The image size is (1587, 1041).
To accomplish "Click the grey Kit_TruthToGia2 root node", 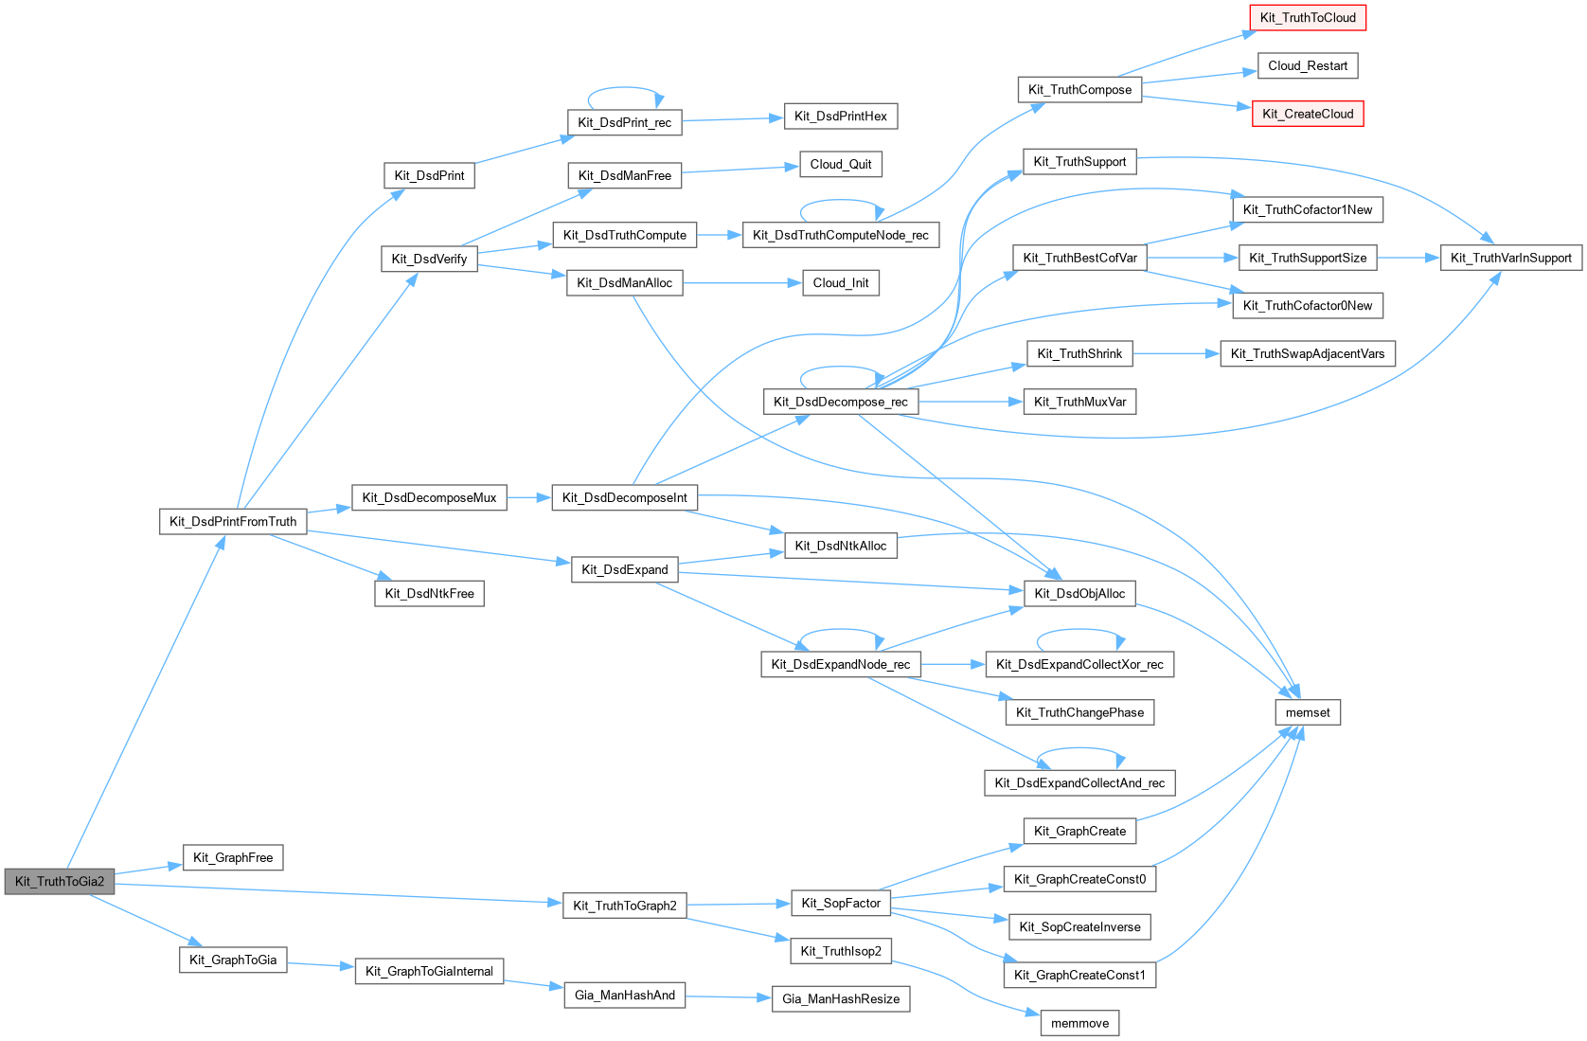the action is click(60, 882).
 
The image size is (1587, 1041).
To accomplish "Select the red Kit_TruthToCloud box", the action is click(1307, 18).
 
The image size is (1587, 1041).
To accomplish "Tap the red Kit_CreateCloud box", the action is click(1307, 114).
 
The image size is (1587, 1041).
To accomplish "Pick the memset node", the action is click(1307, 712).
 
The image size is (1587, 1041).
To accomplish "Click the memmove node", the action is click(1079, 1023).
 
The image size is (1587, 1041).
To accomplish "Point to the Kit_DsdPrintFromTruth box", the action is click(233, 522).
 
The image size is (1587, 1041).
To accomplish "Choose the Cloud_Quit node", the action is click(841, 165).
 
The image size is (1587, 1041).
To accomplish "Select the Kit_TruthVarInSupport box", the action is click(1510, 258).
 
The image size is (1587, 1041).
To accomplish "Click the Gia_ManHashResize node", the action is click(841, 999).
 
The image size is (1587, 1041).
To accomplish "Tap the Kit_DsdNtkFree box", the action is click(429, 594).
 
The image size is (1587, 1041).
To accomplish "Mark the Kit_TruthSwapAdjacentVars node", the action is click(1307, 353).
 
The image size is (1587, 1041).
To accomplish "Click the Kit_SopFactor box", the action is click(841, 903).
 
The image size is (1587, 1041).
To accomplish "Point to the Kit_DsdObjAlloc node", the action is click(1079, 594).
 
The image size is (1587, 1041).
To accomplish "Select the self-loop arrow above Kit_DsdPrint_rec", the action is click(625, 88).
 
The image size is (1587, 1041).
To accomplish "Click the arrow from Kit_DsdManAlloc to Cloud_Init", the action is click(742, 283).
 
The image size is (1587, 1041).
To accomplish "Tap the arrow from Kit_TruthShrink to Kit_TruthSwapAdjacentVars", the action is click(1176, 353).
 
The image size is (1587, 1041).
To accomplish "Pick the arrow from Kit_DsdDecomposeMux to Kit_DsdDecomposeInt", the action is click(529, 497).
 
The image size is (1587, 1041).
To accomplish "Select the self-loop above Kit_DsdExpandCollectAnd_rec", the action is click(1079, 748).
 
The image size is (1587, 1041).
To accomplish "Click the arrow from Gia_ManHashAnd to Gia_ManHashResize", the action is click(728, 997).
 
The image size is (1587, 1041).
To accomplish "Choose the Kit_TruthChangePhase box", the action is click(1079, 712).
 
